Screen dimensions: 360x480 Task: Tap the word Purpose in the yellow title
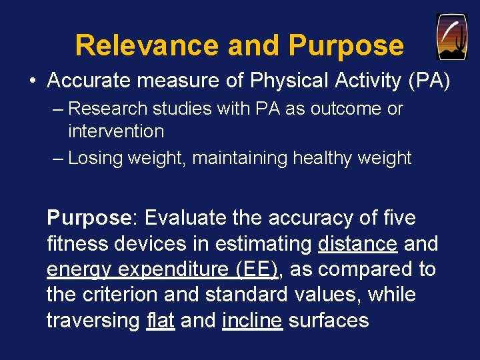point(345,45)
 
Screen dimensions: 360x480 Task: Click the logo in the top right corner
point(451,37)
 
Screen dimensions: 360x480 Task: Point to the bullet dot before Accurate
point(33,81)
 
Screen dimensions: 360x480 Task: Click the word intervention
point(116,131)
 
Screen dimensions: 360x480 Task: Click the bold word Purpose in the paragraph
point(88,219)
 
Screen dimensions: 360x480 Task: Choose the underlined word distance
point(357,244)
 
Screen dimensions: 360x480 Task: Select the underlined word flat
point(160,320)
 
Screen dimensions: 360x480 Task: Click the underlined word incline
point(252,320)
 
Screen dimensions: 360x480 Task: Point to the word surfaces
point(329,320)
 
